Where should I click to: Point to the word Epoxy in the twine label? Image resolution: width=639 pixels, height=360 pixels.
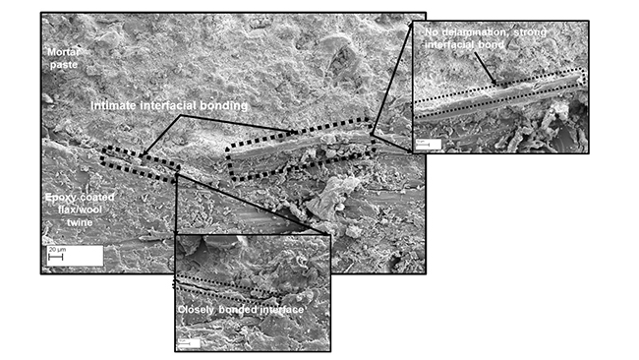62,199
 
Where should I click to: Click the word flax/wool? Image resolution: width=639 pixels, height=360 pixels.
65,210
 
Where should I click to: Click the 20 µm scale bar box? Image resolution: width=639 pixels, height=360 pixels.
73,254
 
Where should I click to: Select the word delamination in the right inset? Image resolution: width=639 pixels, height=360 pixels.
476,32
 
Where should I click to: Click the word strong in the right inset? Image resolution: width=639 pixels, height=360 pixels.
539,32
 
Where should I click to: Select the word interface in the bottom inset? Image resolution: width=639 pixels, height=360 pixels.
278,311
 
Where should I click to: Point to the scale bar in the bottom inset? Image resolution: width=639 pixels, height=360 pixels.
190,342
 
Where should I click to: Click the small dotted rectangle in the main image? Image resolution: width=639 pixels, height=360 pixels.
138,163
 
